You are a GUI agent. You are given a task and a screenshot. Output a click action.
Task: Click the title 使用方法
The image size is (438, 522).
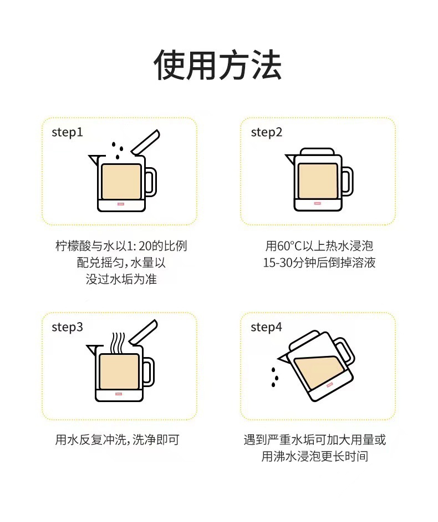[x=218, y=65]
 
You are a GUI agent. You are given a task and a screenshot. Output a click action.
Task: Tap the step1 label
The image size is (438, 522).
[x=67, y=133]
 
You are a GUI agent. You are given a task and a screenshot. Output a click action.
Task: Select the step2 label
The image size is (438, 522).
[x=267, y=133]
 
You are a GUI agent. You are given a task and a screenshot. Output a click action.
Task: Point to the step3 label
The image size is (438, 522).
[x=67, y=327]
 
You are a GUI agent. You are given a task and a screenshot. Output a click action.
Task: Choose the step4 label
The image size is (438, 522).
[x=266, y=327]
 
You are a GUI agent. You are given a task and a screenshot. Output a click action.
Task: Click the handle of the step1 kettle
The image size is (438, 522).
[x=152, y=182]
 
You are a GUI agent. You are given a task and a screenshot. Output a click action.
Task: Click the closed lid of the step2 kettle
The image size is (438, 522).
[x=317, y=152]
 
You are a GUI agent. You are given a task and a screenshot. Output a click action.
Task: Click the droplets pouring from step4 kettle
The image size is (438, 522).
[x=274, y=377]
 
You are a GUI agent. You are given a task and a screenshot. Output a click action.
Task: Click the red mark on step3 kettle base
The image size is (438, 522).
[x=119, y=394]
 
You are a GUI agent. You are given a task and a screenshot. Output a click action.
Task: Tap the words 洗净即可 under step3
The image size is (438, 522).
[x=156, y=440]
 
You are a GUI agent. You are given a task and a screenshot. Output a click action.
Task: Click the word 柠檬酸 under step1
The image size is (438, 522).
[x=73, y=246]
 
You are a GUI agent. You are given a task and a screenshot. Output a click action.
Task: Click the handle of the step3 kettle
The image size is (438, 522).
[x=150, y=372]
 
